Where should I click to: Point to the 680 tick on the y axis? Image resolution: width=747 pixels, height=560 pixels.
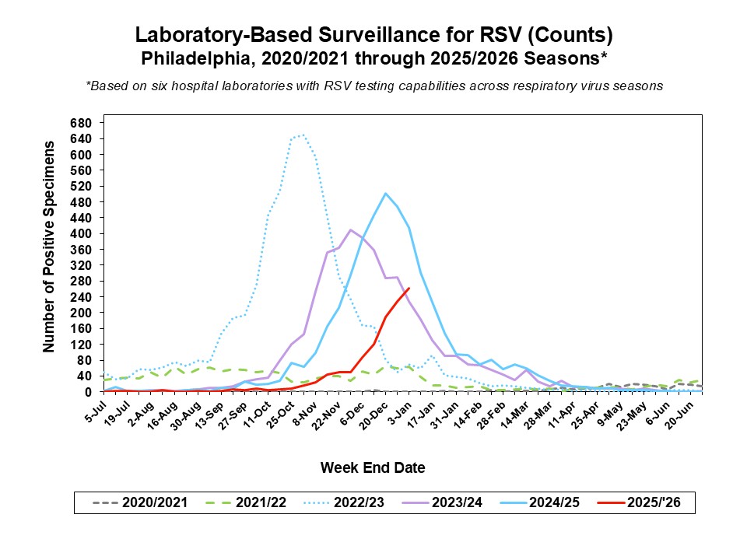81,123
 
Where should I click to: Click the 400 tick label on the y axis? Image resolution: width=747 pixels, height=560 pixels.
81,233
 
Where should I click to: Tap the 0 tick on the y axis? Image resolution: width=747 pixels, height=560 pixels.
89,391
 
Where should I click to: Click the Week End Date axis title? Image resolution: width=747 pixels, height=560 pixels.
373,467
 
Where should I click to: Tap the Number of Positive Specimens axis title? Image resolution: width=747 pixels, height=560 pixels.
50,247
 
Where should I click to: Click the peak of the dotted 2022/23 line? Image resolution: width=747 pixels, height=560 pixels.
303,135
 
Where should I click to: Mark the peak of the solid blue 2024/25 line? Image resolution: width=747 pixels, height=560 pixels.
386,194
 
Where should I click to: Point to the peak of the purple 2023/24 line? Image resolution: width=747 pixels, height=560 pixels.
351,229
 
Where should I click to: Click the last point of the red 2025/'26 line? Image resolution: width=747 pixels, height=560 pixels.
409,289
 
